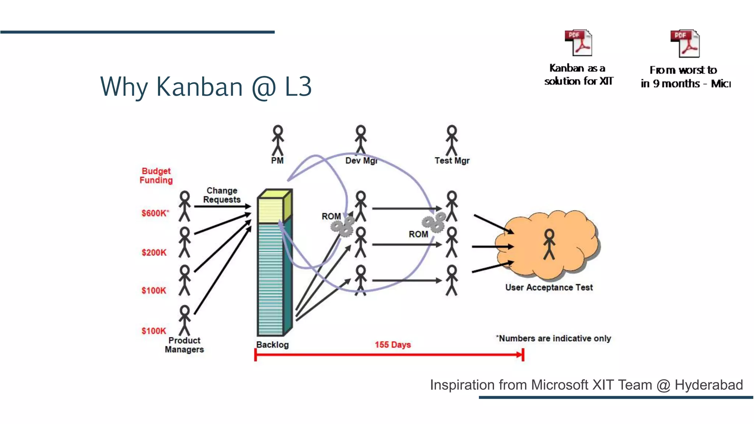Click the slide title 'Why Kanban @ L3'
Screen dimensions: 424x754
pos(206,87)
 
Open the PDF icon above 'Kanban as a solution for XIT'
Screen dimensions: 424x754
pos(578,43)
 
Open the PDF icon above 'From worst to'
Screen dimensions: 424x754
pos(685,44)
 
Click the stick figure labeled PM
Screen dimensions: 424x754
pos(278,141)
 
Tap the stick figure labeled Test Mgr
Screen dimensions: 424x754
pos(452,141)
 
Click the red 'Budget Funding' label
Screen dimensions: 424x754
pos(156,176)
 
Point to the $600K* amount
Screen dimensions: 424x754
pos(155,213)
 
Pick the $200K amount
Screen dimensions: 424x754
pos(154,252)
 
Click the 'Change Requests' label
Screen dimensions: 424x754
pos(222,195)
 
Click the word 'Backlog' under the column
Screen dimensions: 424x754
pos(272,345)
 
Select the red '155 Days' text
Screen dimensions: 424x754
pos(392,345)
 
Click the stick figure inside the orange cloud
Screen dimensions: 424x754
pos(549,244)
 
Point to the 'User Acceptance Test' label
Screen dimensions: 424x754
pos(549,287)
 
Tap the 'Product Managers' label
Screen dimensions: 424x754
pos(184,345)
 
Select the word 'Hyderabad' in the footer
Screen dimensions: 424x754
pos(708,385)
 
